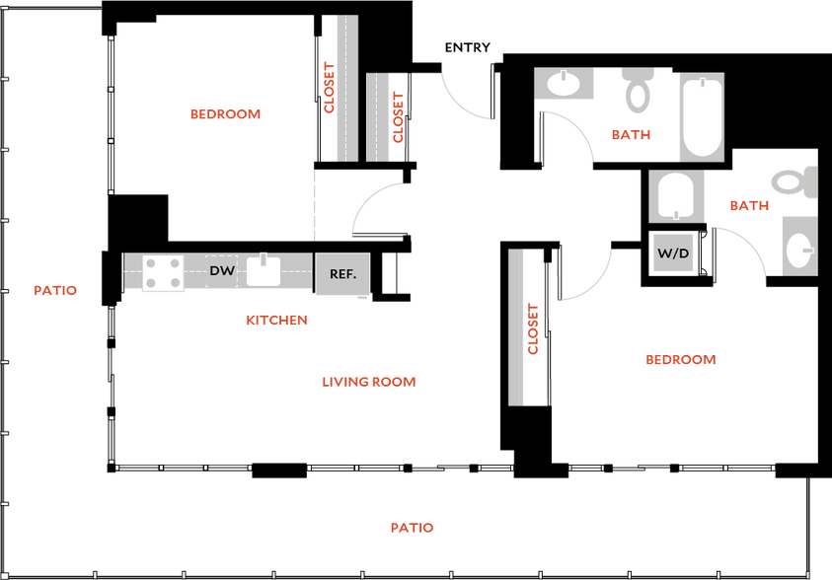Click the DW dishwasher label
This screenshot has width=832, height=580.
point(222,270)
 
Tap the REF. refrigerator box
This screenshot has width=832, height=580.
point(342,274)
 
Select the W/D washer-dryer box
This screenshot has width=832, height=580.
point(674,253)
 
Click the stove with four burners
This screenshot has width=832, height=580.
point(164,273)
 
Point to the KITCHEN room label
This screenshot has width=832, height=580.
point(276,321)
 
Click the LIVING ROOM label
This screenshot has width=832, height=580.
point(369,382)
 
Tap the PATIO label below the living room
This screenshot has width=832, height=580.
point(412,528)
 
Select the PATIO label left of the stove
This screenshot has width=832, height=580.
point(55,291)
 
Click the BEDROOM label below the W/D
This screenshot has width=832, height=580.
point(680,360)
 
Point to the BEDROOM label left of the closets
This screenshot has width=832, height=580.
point(227,114)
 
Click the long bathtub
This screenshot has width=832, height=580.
point(701,116)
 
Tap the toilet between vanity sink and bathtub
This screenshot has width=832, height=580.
point(638,89)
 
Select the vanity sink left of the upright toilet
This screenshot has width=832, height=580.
point(564,84)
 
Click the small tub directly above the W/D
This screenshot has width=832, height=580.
point(677,196)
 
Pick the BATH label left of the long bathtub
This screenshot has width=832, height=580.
point(632,136)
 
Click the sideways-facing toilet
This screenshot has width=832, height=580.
point(795,181)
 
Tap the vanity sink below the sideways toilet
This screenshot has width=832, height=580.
point(798,244)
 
